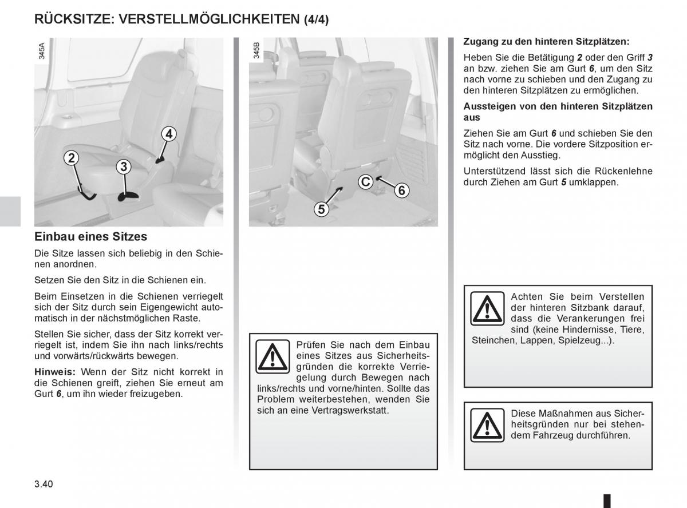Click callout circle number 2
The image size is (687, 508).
[71, 158]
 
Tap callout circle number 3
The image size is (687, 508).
[123, 167]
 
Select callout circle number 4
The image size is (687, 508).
[168, 134]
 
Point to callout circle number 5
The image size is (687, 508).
[321, 209]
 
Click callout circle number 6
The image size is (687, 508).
[401, 190]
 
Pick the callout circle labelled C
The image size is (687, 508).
[365, 182]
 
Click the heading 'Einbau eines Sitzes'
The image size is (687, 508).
[91, 236]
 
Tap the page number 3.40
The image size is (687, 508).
[44, 484]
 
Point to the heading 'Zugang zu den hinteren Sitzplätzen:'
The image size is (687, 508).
[546, 42]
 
